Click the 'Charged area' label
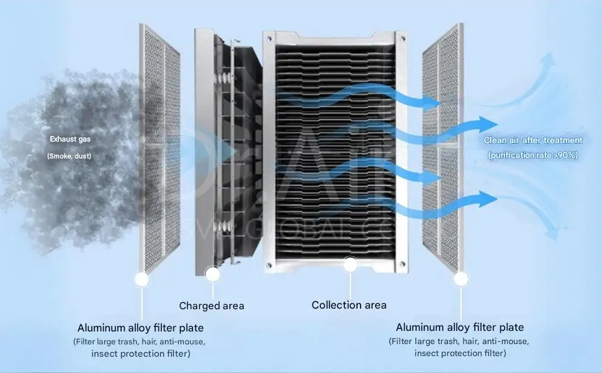(x=211, y=306)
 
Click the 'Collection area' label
(x=349, y=305)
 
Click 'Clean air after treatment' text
(x=533, y=140)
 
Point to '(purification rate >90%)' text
(x=533, y=155)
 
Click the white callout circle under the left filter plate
(x=142, y=279)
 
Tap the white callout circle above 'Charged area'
(x=212, y=274)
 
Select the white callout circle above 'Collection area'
(x=349, y=264)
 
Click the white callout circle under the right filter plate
(x=461, y=278)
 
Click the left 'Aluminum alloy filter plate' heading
(x=140, y=328)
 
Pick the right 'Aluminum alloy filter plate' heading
(x=460, y=327)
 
